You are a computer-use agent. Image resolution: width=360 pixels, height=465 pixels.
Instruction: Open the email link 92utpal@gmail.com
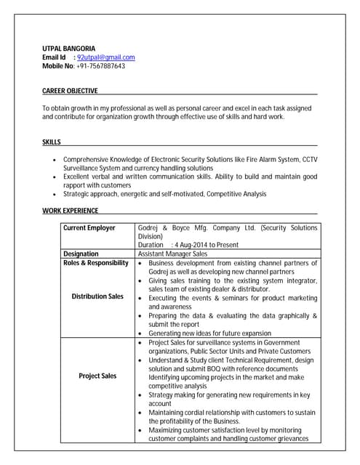coord(106,57)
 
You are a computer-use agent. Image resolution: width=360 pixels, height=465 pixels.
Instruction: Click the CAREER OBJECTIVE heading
coord(70,91)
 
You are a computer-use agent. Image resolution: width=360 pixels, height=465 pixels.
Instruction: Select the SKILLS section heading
coord(52,142)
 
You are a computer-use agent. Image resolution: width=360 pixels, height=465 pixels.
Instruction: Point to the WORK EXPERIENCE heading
coord(70,211)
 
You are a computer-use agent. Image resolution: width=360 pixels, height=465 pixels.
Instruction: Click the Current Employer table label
coord(89,228)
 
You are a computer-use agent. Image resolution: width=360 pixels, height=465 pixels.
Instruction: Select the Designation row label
coord(81,254)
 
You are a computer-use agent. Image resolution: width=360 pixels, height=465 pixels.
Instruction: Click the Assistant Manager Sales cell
coord(172,254)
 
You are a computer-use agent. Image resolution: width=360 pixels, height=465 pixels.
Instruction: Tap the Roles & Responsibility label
coord(95,263)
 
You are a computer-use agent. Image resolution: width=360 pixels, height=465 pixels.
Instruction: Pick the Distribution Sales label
coord(97,296)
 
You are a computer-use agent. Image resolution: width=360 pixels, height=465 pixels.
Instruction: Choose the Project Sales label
coord(97,376)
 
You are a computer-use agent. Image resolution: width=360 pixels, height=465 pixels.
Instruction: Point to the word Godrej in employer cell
coord(148,228)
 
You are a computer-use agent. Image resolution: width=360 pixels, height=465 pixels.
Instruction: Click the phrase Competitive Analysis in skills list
coord(237,194)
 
